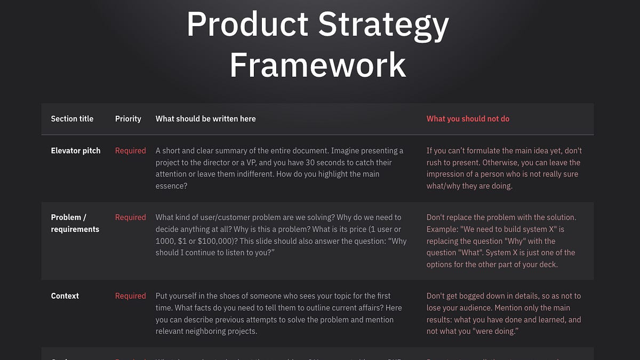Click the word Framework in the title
[318, 65]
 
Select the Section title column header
[72, 119]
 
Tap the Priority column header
[128, 119]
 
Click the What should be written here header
[205, 119]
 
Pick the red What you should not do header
[468, 119]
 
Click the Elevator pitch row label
[76, 151]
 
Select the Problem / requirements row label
[75, 223]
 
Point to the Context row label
[65, 296]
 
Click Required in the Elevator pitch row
[130, 151]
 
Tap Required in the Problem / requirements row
[130, 218]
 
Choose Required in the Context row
[130, 296]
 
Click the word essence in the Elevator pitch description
[171, 186]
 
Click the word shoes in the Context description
[229, 296]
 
